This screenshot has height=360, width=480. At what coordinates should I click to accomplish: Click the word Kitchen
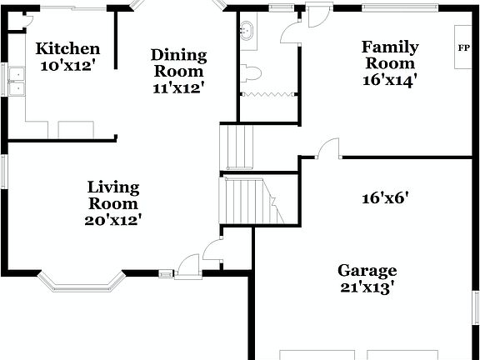click(68, 49)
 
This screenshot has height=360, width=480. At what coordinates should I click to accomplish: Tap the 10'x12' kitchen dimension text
click(68, 65)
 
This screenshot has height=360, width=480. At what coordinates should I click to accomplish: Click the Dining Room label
click(178, 63)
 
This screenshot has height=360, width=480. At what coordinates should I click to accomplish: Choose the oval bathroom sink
click(247, 32)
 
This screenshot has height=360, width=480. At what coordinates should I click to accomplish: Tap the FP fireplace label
click(463, 47)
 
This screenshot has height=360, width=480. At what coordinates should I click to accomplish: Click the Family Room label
click(389, 55)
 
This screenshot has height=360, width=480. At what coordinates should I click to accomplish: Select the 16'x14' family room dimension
click(389, 80)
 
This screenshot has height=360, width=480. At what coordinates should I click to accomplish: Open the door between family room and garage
click(328, 149)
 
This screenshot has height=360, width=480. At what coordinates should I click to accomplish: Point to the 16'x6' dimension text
click(385, 199)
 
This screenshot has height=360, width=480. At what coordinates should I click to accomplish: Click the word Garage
click(367, 271)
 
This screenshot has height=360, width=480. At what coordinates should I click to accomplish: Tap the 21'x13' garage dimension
click(367, 287)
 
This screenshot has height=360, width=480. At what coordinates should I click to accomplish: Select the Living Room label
click(113, 195)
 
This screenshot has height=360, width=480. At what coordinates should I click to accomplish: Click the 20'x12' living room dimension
click(113, 220)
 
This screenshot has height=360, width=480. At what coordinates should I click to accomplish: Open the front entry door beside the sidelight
click(189, 265)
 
